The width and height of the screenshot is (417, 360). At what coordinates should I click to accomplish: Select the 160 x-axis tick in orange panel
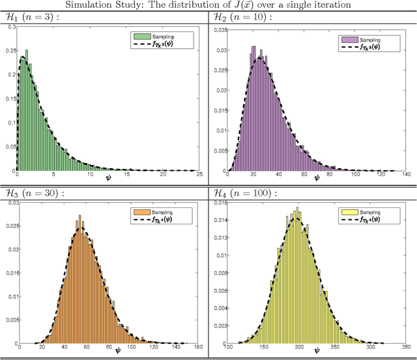[198, 346]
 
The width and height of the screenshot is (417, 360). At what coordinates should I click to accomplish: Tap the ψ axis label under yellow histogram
[317, 351]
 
